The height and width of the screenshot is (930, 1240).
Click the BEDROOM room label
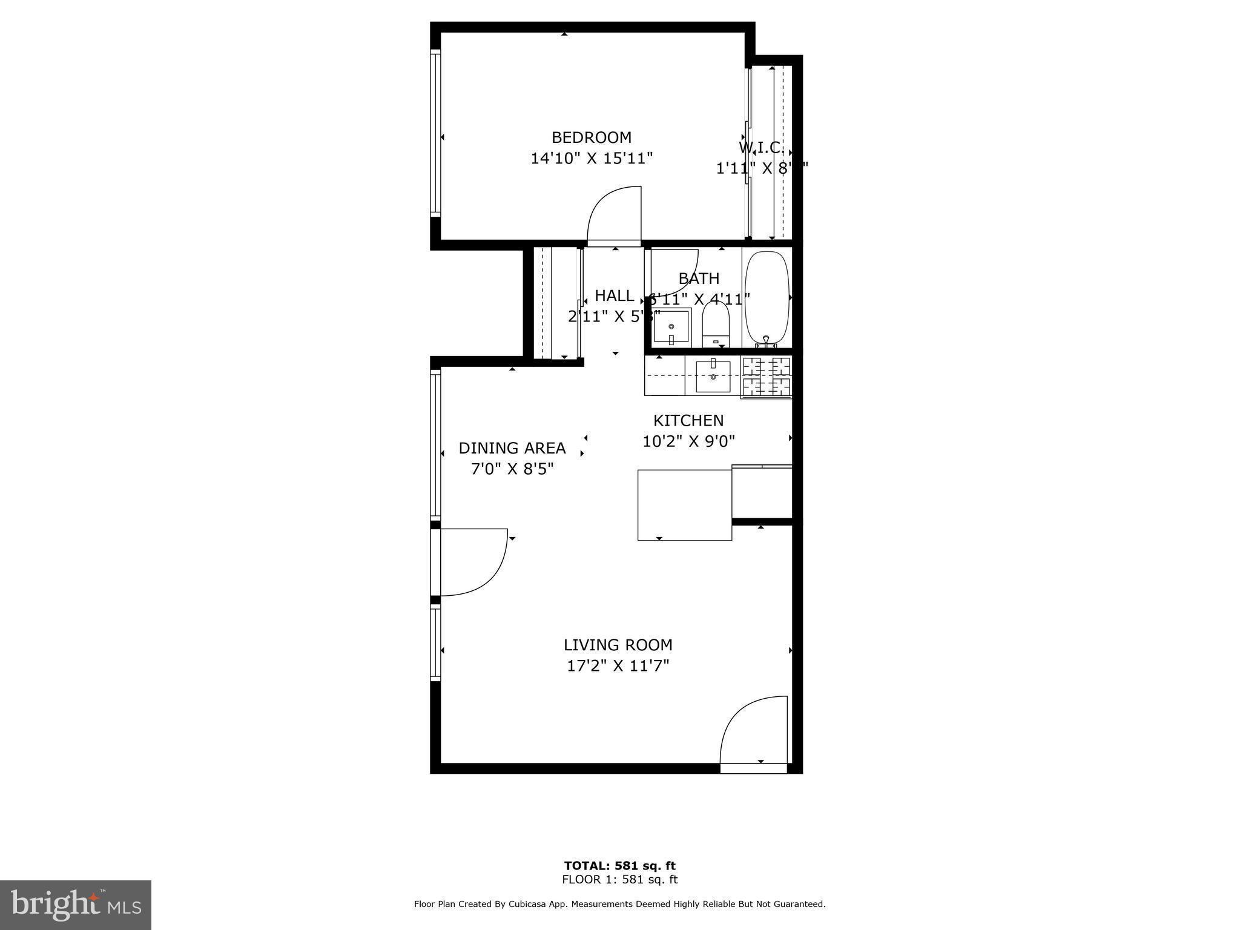(x=591, y=137)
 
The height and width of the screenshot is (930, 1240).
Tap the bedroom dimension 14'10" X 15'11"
(x=591, y=159)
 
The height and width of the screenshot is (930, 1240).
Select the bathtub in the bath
(x=767, y=298)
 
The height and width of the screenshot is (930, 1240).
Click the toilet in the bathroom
(x=716, y=325)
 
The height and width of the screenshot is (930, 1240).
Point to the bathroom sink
(x=671, y=326)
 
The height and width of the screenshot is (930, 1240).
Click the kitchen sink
(x=713, y=376)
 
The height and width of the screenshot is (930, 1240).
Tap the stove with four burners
(x=767, y=377)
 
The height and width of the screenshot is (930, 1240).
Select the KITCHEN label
(x=688, y=420)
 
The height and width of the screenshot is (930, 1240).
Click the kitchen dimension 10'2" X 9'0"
(x=688, y=441)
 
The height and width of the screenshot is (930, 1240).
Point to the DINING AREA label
(x=512, y=448)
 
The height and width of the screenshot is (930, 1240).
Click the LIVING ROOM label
(x=618, y=645)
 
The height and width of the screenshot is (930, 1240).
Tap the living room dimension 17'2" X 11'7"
(x=618, y=666)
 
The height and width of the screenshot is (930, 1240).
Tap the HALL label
(x=614, y=296)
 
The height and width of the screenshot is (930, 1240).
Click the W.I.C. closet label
(x=761, y=148)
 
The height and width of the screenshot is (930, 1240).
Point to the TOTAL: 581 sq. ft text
(x=619, y=866)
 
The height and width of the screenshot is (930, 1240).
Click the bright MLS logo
(x=76, y=905)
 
